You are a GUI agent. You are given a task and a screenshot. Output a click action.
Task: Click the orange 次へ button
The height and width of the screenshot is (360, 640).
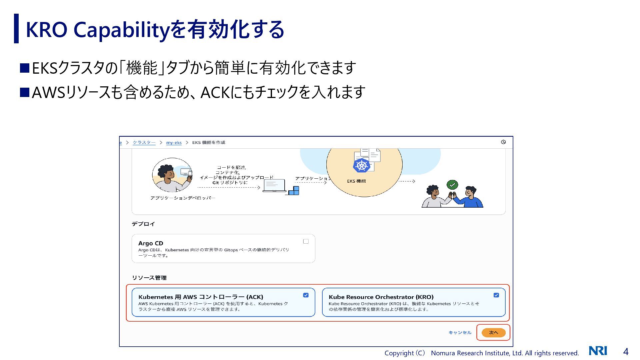pos(493,332)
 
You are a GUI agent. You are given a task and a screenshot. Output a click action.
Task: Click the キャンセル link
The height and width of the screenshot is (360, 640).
pos(460,332)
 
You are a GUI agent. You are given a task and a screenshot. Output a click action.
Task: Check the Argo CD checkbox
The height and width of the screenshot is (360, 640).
pos(306,241)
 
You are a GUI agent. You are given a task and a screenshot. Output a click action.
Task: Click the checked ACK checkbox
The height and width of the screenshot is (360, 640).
pos(306,295)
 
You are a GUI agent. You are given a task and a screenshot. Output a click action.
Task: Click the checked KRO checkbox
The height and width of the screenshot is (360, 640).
pos(496,295)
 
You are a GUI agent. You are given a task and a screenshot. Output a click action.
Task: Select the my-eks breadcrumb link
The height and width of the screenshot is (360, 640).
pos(174,142)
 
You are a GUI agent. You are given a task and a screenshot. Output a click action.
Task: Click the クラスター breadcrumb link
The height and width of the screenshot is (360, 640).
pos(144,142)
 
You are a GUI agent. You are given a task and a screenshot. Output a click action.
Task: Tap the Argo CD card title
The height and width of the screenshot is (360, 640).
pos(151,243)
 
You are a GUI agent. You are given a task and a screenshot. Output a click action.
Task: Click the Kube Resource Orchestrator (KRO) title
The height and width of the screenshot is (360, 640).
pos(381,297)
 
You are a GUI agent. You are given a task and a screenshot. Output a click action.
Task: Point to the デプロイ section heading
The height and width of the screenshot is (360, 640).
pos(143,224)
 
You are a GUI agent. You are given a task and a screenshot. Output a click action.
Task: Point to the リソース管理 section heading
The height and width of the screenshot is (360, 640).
pos(149,278)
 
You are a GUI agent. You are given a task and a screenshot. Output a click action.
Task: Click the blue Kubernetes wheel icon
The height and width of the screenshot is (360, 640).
pos(361,165)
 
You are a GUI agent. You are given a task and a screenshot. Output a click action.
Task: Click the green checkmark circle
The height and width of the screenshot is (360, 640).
pos(452,184)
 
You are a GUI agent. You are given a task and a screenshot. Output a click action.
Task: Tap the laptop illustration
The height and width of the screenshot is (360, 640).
pos(274,186)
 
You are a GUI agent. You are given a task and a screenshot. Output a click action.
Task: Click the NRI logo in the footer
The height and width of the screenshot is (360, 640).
pos(598,351)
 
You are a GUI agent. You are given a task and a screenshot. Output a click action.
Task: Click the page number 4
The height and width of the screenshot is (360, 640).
pos(626,352)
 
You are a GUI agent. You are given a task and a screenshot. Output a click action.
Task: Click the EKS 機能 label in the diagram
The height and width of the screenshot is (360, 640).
pos(356,181)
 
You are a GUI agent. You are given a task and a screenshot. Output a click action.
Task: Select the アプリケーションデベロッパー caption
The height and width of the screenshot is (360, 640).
pos(183,198)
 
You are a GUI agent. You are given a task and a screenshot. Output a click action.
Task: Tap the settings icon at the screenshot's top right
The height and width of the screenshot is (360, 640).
pos(503,142)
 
